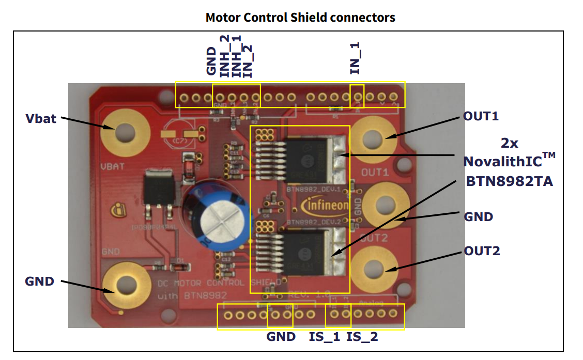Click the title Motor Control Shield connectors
[x=300, y=18]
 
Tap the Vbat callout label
[x=41, y=119]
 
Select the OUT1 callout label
[x=481, y=116]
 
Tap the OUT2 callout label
[x=482, y=251]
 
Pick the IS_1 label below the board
[x=325, y=337]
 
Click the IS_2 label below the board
[x=362, y=337]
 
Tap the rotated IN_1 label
[x=355, y=58]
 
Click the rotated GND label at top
[x=211, y=61]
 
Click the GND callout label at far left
[x=39, y=281]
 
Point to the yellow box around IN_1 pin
[x=357, y=96]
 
